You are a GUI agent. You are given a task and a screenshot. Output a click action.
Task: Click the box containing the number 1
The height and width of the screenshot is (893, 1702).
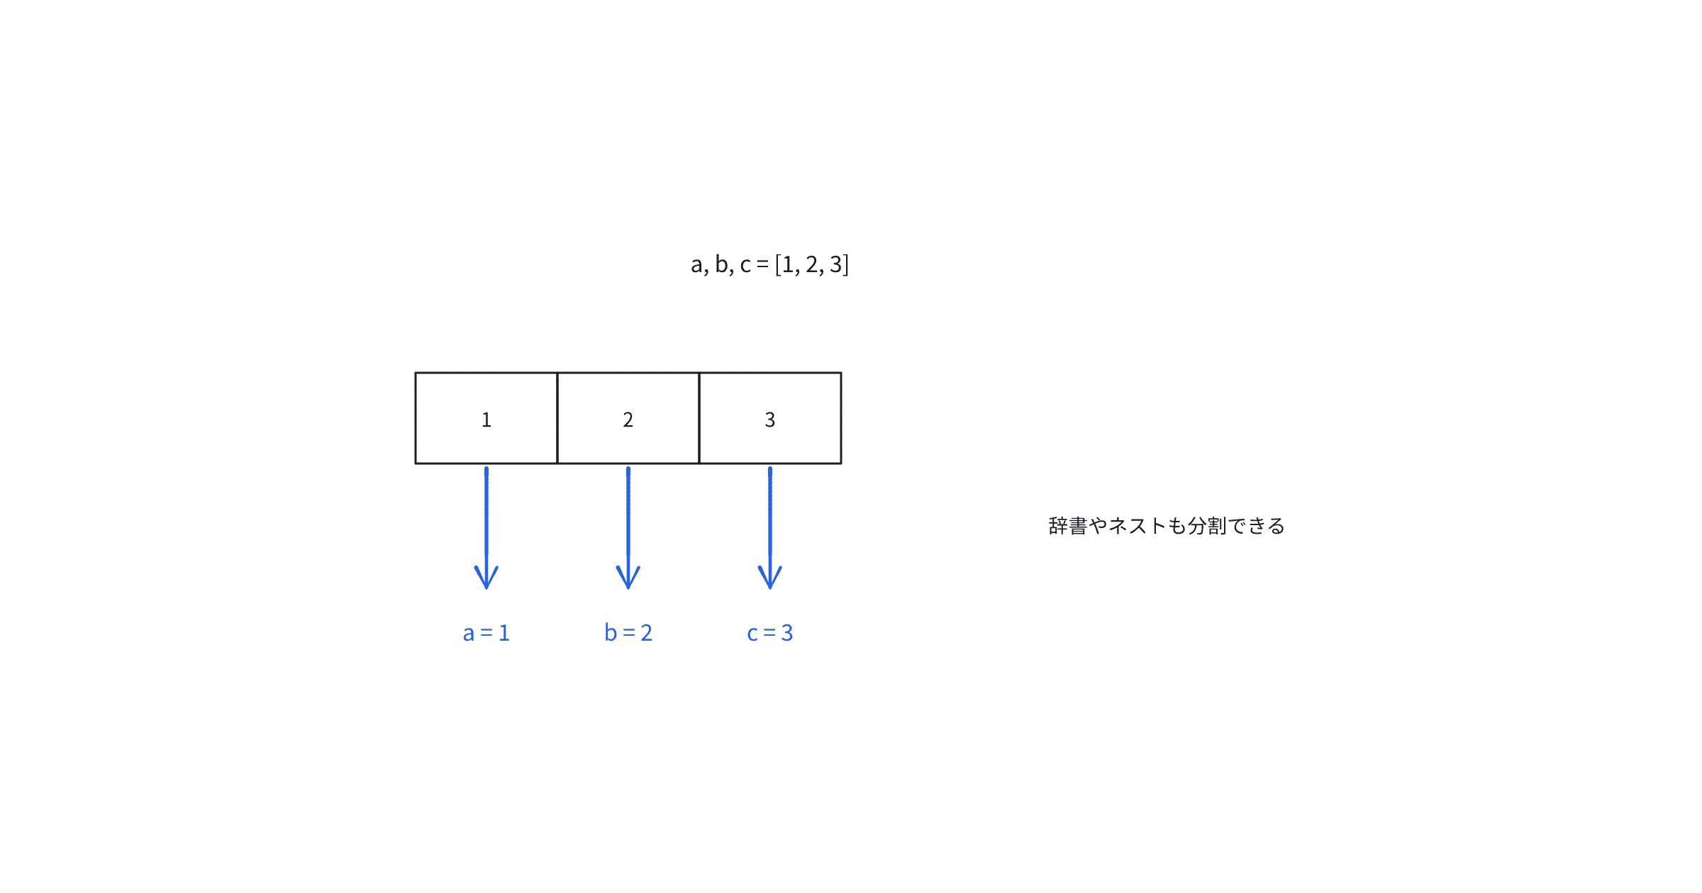(x=486, y=418)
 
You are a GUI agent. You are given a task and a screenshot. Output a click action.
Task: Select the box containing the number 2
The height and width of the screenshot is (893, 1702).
(x=628, y=418)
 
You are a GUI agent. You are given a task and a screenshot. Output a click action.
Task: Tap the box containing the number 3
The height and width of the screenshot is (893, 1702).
(x=770, y=418)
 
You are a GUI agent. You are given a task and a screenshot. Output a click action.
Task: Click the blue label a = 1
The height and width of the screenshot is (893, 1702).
(x=486, y=633)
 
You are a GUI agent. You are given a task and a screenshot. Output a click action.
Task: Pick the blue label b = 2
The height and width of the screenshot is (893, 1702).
(x=628, y=632)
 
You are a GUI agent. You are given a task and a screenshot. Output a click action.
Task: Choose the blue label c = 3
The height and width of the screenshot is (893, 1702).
(x=770, y=633)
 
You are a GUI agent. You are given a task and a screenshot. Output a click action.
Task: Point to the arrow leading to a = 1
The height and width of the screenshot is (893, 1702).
(x=486, y=528)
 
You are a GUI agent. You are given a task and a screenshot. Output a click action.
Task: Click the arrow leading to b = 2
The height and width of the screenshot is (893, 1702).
(x=628, y=528)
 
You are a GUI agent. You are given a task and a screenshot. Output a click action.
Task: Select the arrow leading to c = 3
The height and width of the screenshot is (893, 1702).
(x=770, y=528)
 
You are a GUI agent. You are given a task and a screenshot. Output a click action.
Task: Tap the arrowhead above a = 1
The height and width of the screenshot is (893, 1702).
(x=486, y=578)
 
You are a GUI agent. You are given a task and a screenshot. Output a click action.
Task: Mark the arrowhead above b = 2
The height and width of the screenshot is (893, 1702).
(x=628, y=578)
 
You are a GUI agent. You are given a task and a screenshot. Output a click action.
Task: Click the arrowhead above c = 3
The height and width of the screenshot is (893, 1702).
(x=770, y=578)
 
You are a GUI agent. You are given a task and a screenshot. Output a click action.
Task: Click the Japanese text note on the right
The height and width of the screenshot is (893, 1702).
(x=1167, y=526)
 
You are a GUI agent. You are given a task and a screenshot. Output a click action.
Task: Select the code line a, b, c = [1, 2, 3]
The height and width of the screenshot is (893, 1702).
(x=769, y=264)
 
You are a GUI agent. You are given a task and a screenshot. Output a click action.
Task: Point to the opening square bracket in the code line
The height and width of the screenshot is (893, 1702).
(x=778, y=264)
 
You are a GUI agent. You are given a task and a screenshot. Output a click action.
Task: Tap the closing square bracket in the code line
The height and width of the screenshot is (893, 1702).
(x=845, y=264)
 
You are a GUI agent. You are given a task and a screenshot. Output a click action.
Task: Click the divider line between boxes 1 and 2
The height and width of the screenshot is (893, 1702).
(x=557, y=418)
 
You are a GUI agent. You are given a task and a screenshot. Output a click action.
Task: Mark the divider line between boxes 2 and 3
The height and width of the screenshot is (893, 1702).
(x=699, y=418)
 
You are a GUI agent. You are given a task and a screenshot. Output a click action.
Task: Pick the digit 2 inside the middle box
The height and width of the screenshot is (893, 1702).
(x=628, y=420)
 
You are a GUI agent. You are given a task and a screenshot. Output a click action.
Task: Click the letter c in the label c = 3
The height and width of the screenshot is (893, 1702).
(x=752, y=634)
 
